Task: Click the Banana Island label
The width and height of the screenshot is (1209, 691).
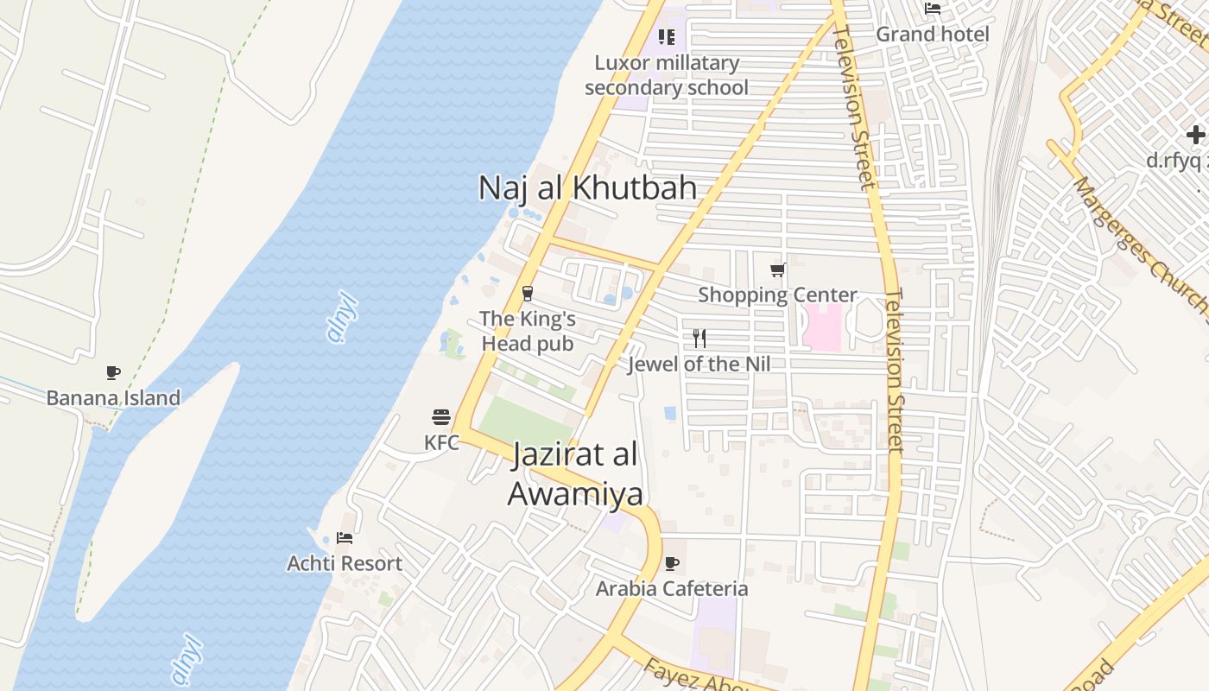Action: pos(113,398)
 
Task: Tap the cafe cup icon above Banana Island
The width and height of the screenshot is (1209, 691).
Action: pos(113,372)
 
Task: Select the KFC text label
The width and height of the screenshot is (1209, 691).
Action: pos(441,442)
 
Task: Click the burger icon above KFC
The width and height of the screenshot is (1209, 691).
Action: pos(441,418)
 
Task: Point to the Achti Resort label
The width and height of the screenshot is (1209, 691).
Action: pos(345,563)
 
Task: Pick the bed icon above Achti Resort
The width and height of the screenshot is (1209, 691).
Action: pos(345,538)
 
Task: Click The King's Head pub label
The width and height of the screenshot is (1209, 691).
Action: pos(527,331)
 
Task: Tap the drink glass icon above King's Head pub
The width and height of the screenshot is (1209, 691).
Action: pos(528,294)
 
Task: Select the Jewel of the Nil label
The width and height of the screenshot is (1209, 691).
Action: pos(699,364)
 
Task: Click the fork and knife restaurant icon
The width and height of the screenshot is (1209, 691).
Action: pos(699,338)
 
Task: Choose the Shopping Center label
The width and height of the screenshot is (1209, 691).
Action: pos(777,295)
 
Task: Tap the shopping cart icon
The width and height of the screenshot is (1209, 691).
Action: pos(777,270)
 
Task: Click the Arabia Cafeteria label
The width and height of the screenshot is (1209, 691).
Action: pos(672,588)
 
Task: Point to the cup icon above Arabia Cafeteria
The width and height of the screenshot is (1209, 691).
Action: pos(672,564)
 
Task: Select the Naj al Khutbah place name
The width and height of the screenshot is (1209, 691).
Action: pos(587,187)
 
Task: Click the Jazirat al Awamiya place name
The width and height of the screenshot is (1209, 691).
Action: pos(575,474)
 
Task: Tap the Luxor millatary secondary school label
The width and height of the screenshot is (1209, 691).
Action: pos(667,75)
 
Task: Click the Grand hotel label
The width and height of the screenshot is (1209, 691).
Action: pos(933,34)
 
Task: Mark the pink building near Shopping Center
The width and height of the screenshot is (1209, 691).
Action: pos(822,327)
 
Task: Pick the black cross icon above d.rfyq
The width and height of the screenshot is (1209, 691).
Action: pos(1195,135)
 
